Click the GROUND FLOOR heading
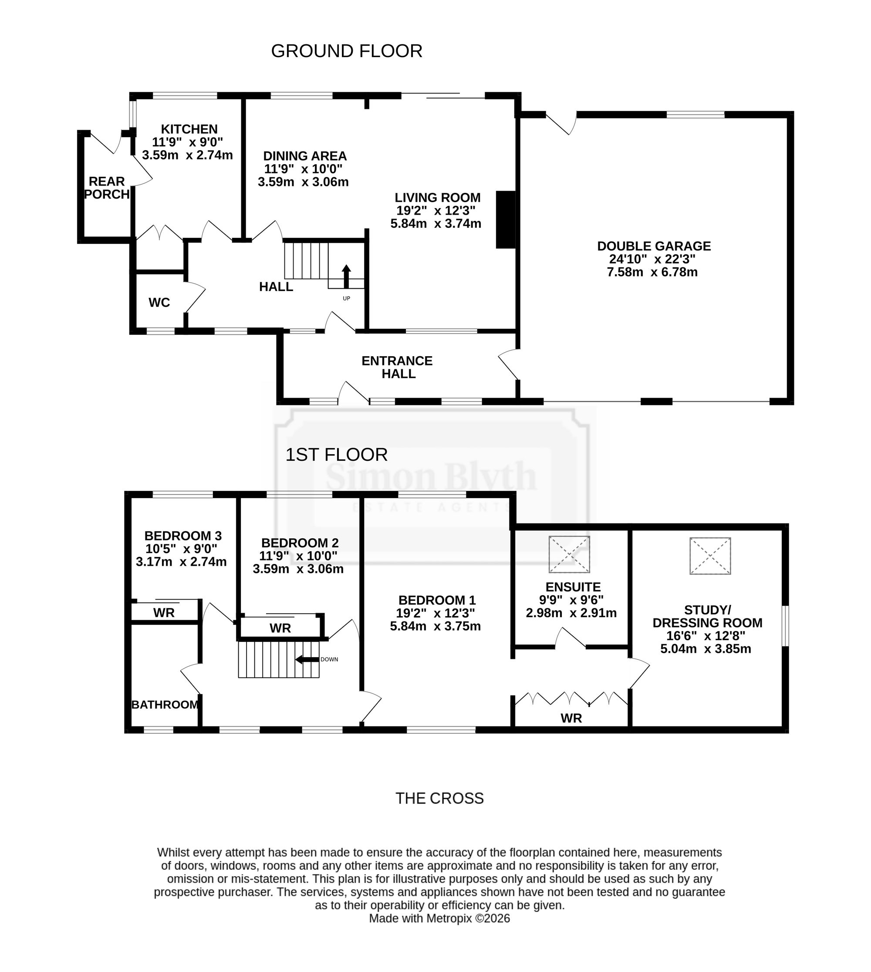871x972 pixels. coord(347,51)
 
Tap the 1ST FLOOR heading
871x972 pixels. coord(337,455)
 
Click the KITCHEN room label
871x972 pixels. coord(189,129)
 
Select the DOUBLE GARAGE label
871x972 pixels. coord(654,246)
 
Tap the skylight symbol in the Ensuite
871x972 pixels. coord(569,554)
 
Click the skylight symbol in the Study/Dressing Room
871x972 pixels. coord(710,556)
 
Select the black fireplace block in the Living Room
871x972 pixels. coord(505,219)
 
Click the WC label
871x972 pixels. coord(159,303)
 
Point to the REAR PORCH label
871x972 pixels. coord(107,188)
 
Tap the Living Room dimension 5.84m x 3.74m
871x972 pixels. coord(436,223)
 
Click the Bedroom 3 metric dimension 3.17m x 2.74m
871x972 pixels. coord(181,562)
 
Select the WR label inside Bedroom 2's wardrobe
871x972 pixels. coord(280,628)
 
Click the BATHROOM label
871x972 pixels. coord(165,705)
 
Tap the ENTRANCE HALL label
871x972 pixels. coord(397,367)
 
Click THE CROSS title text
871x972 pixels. coord(439,798)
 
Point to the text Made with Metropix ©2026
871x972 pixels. coord(439,918)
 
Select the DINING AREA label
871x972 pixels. coord(305,156)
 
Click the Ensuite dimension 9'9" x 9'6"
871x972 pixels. coord(571,600)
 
